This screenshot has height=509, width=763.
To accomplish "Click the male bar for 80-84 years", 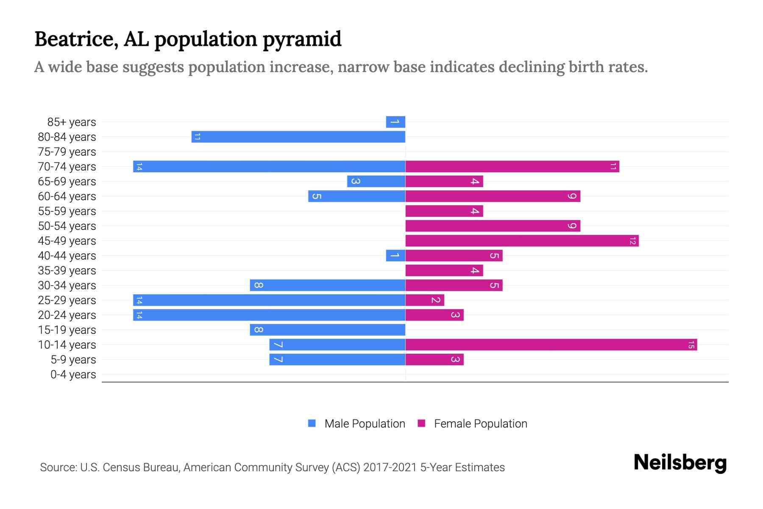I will pos(298,137).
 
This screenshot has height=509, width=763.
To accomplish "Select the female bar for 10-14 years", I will pos(551,344).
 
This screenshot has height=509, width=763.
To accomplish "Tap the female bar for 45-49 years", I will pos(522,241).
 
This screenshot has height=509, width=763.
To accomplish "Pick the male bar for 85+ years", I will pos(395,122).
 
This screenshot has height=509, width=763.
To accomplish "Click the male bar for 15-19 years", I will pos(328,330).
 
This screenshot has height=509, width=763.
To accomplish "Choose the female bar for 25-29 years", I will pos(425,300).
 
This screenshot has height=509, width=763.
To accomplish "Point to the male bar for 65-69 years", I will pos(376,181).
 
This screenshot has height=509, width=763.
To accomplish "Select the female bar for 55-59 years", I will pos(444,211).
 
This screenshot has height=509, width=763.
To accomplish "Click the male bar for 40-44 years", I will pos(395,255).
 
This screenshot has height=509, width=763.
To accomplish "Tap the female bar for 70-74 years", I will pos(512,166).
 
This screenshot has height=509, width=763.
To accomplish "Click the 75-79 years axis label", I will pos(67,152).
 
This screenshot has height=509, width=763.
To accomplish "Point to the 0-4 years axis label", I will pos(73,375).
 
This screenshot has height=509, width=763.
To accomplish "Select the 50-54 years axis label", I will pos(67,226).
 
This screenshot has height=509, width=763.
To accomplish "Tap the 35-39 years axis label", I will pos(67,271).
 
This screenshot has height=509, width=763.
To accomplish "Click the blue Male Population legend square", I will pos(312,423).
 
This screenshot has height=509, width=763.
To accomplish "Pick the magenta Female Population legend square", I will pos(421,423).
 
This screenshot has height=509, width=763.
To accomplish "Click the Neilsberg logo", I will pos(680,463).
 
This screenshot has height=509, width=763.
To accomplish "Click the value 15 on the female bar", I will pos(691,344).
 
